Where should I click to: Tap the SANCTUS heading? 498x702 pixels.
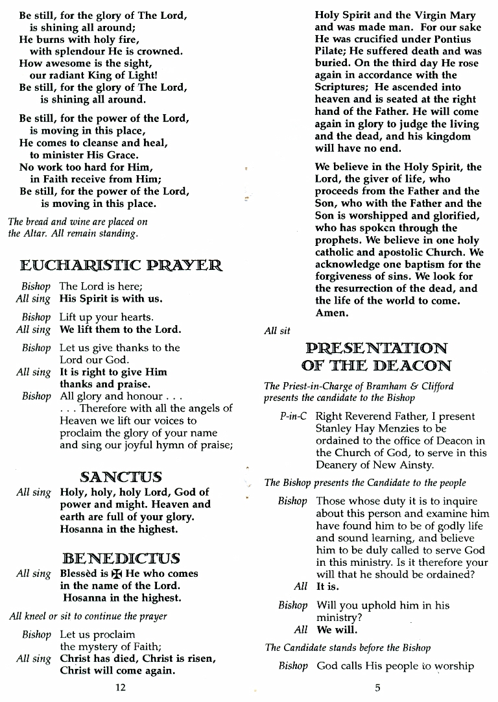point(121,476)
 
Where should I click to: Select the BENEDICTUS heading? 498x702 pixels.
point(121,558)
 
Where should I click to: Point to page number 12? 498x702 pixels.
point(120,688)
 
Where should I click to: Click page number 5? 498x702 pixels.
point(377,688)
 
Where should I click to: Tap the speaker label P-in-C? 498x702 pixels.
point(293,417)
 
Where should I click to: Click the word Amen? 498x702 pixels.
point(331,313)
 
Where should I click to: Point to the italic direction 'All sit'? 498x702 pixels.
point(277,331)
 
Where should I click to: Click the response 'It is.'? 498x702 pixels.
point(327,587)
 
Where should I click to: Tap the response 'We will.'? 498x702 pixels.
point(337,630)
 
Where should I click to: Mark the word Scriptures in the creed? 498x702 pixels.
point(342,87)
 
